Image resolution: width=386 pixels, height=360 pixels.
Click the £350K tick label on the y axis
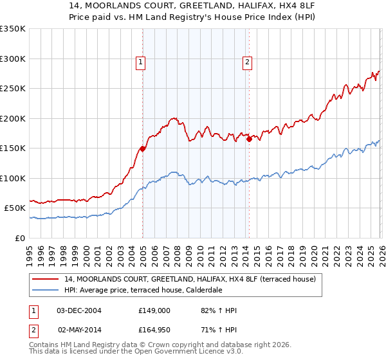[x=13, y=29]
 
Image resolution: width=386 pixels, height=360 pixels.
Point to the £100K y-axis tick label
[x=13, y=178]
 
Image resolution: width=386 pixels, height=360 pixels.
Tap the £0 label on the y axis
[x=21, y=238]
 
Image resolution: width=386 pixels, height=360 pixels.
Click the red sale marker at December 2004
[x=142, y=148]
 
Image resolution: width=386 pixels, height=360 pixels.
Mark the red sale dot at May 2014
[x=249, y=139]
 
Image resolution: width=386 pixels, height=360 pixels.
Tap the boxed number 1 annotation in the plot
[x=140, y=62]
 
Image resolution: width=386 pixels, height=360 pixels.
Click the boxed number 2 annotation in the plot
[x=247, y=62]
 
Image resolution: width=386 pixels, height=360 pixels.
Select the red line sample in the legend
[x=46, y=280]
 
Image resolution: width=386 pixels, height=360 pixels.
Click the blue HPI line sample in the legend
[x=46, y=290]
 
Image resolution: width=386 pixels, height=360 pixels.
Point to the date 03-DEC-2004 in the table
[x=79, y=310]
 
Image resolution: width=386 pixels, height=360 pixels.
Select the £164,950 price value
[x=154, y=330]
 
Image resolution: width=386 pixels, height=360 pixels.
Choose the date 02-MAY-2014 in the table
[x=79, y=330]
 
